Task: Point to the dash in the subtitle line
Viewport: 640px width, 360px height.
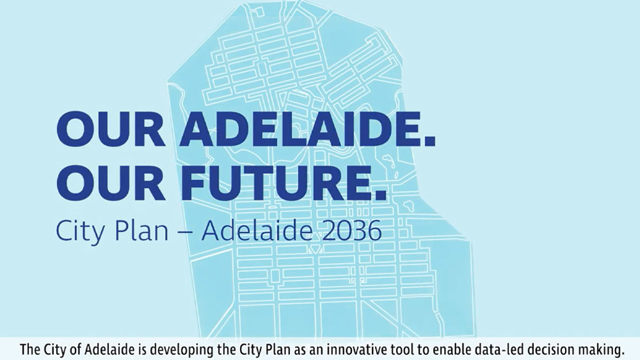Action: [186, 232]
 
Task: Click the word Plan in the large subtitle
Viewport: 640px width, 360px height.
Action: [141, 231]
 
